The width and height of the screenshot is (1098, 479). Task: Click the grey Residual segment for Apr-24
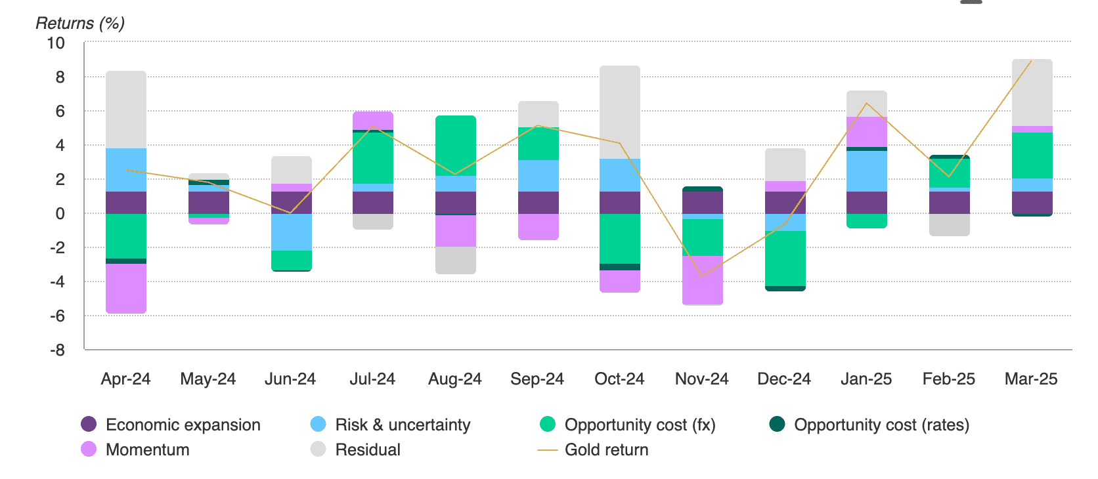[126, 110]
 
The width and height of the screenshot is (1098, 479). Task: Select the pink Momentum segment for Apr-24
[126, 288]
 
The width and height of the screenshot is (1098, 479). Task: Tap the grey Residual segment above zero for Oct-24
[620, 112]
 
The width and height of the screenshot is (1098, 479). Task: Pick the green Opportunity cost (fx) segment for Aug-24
[456, 146]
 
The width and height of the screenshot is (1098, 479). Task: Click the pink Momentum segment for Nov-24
[703, 280]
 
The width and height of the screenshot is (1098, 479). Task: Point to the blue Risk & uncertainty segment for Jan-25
[867, 171]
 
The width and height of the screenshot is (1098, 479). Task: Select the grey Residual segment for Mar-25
[1032, 93]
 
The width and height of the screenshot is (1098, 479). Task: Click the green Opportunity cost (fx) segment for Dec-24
[785, 259]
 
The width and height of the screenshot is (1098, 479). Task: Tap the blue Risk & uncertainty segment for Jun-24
[292, 232]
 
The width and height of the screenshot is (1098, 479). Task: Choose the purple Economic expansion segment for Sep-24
[538, 203]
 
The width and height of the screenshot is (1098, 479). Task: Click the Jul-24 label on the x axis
[372, 379]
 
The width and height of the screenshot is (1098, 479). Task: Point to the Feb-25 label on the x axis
[948, 379]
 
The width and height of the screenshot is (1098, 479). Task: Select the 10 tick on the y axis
[56, 43]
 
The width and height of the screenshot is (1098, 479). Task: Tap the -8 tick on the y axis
[58, 350]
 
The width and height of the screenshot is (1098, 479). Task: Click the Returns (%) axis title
[79, 24]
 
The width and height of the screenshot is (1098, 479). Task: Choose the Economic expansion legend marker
[89, 425]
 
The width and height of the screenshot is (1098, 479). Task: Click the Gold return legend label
[606, 450]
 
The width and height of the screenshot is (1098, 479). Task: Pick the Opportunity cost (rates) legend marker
[778, 425]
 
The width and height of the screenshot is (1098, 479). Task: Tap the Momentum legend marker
[89, 450]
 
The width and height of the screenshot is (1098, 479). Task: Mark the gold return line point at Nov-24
[703, 276]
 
